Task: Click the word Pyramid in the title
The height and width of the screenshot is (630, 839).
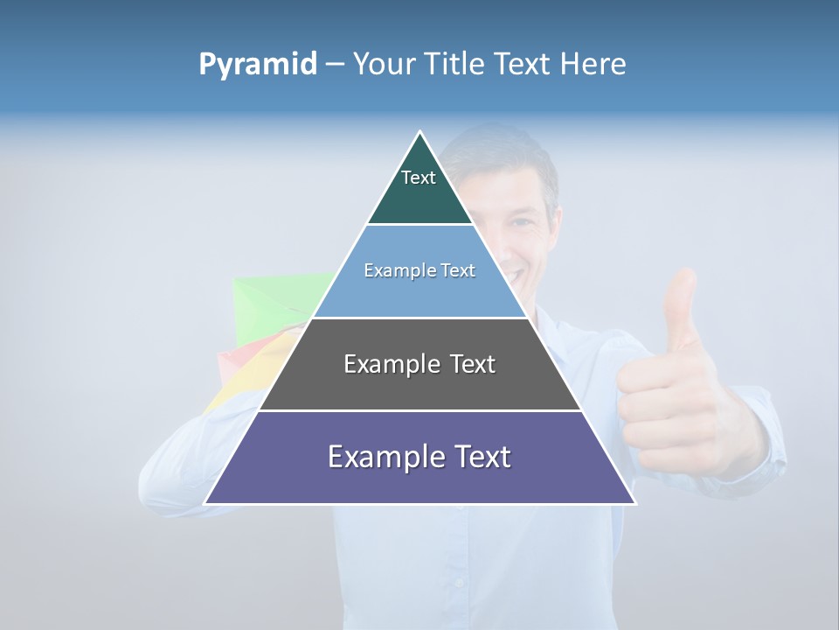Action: point(257,65)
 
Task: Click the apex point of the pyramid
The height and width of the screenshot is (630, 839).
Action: point(419,132)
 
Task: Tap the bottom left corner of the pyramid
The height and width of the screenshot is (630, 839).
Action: point(206,503)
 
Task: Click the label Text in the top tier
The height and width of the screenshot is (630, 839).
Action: point(419,178)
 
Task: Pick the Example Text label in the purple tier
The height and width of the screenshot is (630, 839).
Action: point(419,457)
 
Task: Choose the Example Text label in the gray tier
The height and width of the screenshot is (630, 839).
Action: point(419,364)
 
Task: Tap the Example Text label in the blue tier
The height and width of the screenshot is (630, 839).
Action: point(419,270)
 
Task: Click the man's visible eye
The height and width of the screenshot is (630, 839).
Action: point(522,222)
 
